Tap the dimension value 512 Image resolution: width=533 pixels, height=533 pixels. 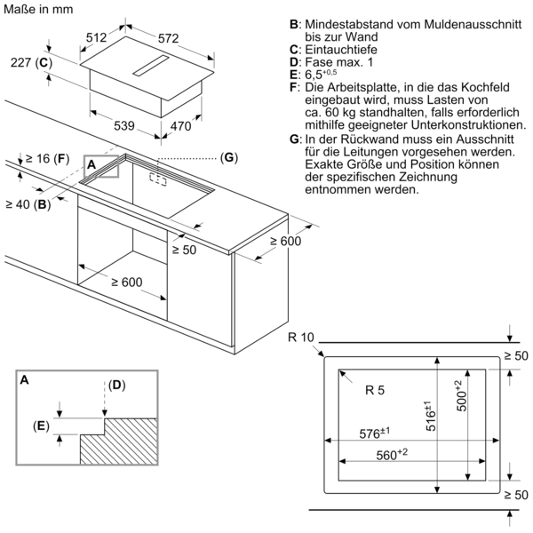pos(96,37)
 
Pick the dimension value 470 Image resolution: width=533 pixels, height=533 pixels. pos(180,126)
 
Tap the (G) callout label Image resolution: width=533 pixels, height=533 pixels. pos(229,157)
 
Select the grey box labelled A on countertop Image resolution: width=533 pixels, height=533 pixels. pos(101,167)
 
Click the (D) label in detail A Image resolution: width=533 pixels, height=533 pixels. pos(117,385)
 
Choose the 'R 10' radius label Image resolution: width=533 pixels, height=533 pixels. pos(302,337)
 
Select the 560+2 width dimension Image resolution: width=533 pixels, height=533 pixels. pos(390,454)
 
